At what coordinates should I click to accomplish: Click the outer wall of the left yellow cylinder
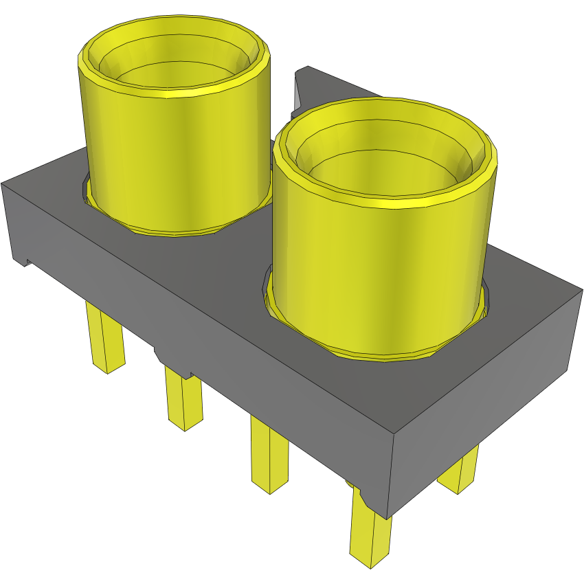pos(172,158)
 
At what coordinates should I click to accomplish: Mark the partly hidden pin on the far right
pos(460,474)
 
